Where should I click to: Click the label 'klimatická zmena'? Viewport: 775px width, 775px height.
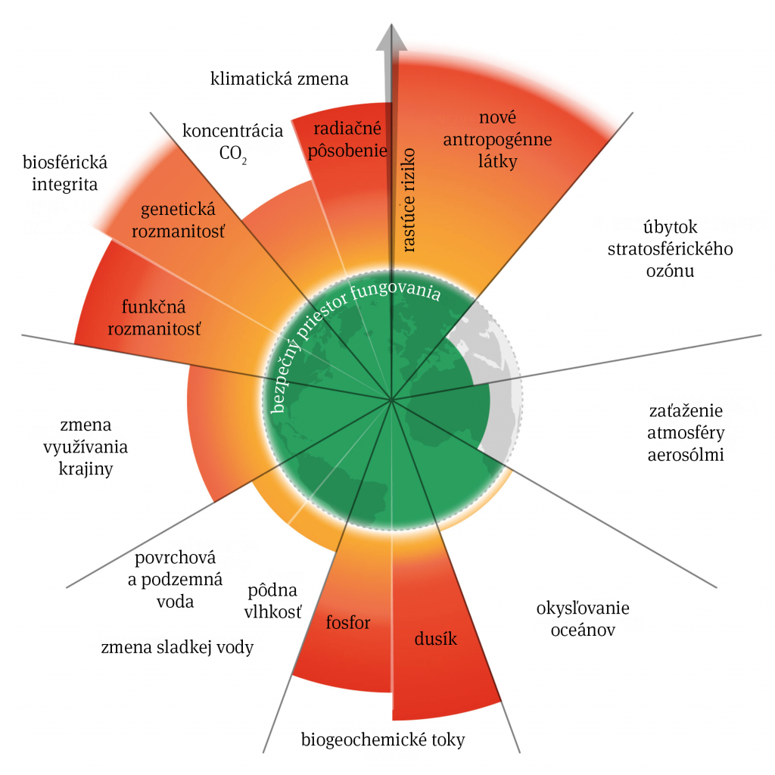point(279,79)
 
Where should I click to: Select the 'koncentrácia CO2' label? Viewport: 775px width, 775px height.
point(233,142)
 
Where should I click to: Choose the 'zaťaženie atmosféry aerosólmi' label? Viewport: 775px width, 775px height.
point(686,433)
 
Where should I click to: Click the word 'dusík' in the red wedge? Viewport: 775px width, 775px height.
point(436,639)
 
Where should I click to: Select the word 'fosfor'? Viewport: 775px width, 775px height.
point(348,623)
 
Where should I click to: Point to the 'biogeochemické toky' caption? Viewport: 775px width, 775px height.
point(383,739)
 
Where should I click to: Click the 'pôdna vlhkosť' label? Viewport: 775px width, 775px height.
point(272,601)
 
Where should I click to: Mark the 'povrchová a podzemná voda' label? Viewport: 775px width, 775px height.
point(175,580)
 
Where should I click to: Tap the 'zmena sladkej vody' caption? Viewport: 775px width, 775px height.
point(176,647)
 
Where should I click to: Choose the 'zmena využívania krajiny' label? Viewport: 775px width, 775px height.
point(93,447)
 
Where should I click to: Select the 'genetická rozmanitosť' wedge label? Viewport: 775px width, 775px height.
point(179,220)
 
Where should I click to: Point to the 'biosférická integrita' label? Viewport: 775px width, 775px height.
point(65,173)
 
